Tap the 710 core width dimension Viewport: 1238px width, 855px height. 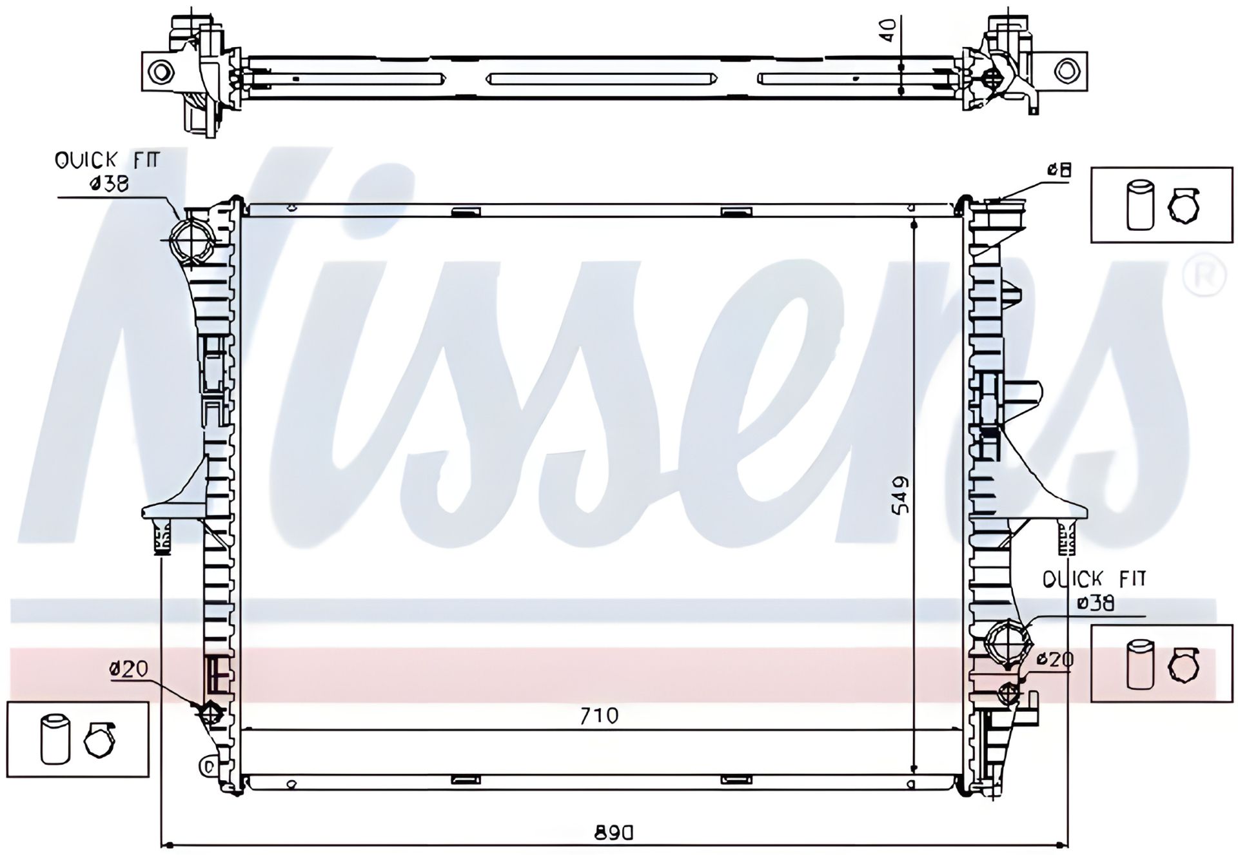point(599,715)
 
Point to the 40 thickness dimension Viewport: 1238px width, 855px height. point(889,30)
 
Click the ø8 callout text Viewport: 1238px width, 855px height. point(1059,170)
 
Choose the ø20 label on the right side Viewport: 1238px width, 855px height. point(1055,659)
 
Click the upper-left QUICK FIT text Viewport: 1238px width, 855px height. point(106,160)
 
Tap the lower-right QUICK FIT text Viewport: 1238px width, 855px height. point(1094,580)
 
